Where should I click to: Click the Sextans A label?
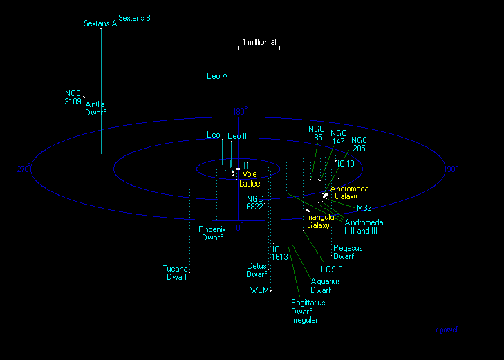pos(100,23)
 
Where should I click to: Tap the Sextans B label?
pos(135,18)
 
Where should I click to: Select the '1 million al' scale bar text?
pos(260,42)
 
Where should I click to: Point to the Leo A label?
pos(217,76)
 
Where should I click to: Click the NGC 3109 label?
pos(73,97)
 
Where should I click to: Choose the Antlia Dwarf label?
pos(95,108)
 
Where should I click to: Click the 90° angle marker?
pos(451,169)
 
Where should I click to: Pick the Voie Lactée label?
pos(249,179)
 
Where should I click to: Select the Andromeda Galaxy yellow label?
pos(350,193)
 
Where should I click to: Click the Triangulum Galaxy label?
pos(321,221)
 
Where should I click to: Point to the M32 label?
pos(364,207)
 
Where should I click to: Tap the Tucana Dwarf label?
pos(176,273)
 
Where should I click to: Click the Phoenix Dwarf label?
pos(212,234)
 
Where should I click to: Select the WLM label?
pos(259,290)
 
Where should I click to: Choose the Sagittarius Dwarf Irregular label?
pos(308,311)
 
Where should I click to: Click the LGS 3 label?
pos(332,269)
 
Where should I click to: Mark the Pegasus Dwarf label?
pos(348,252)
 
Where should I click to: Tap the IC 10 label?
pos(346,164)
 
